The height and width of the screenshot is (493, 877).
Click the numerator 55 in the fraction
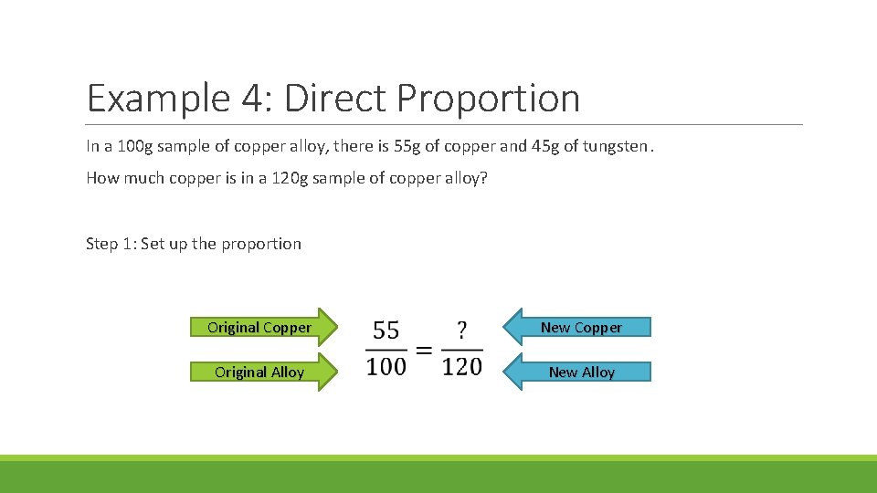386,330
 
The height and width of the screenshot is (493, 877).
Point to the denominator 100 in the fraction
386,367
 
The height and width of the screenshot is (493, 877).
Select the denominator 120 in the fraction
461,367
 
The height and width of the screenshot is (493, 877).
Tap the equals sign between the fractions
424,350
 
